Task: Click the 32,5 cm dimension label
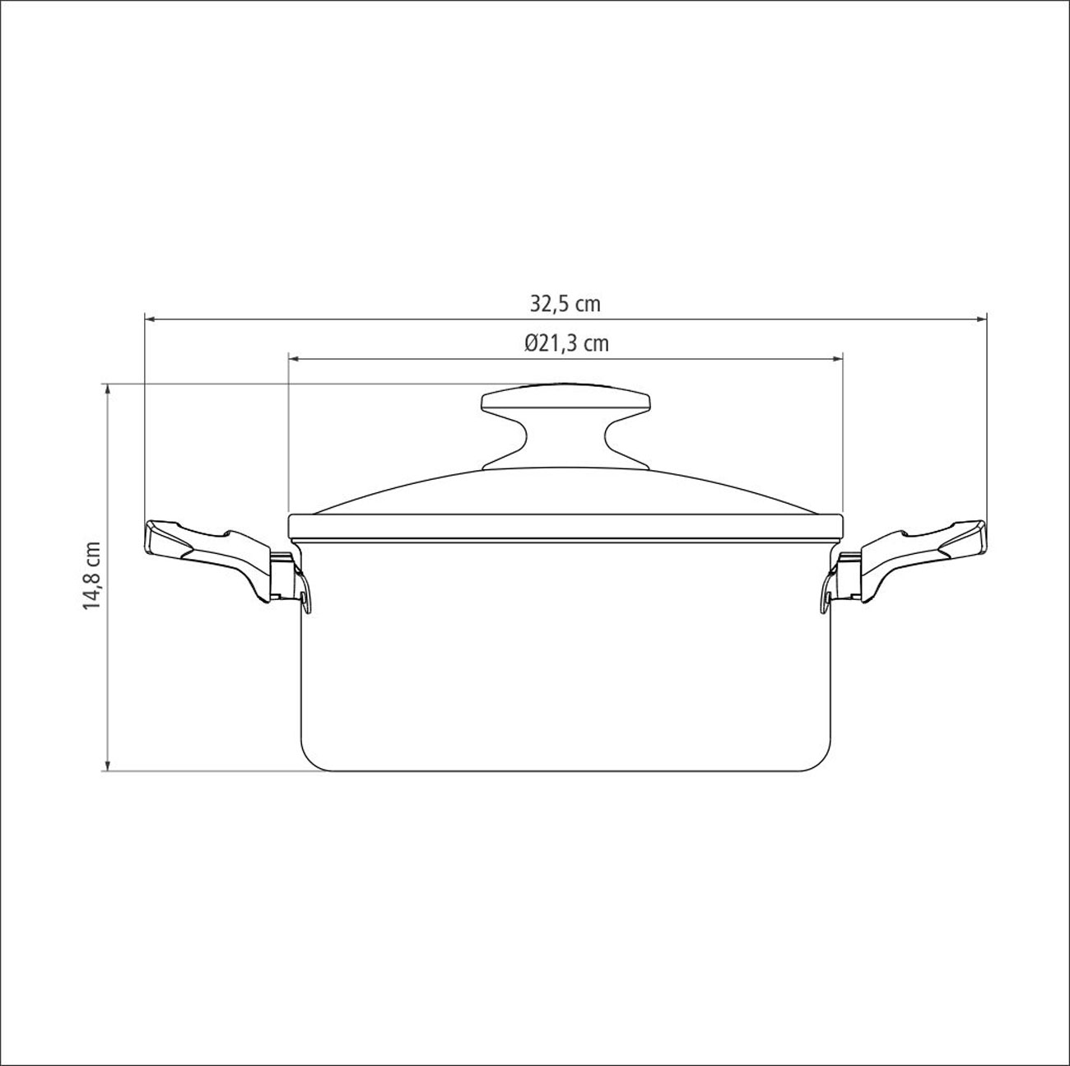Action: (565, 305)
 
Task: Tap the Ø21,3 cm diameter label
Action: (566, 344)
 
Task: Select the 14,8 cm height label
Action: (91, 576)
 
